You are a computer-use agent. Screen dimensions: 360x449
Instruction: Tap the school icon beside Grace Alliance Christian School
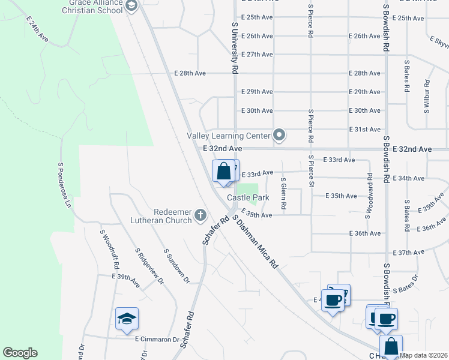(x=132, y=6)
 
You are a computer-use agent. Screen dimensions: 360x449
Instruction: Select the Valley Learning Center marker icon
(x=279, y=136)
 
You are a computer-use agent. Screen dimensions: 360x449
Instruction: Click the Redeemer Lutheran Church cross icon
(x=201, y=215)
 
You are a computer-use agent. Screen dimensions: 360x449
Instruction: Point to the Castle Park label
(x=247, y=197)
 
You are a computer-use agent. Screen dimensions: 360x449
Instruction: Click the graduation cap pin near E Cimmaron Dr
(x=127, y=318)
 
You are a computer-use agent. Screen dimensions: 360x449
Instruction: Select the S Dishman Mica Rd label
(x=255, y=241)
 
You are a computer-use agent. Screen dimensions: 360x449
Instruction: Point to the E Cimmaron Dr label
(x=157, y=339)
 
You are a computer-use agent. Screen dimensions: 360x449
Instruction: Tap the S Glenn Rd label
(x=283, y=192)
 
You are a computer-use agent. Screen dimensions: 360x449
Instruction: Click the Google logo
(x=20, y=353)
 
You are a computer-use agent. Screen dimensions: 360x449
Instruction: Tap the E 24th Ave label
(x=37, y=28)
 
